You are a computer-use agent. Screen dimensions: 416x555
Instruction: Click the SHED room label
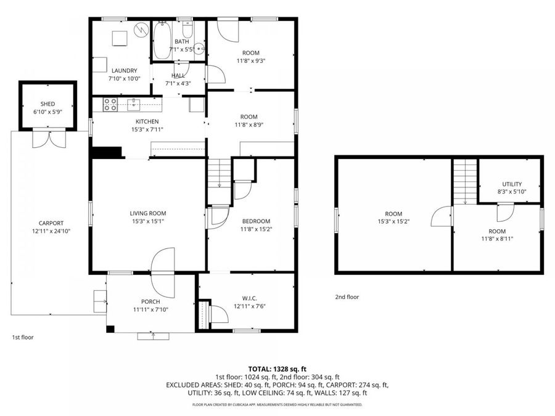(48, 104)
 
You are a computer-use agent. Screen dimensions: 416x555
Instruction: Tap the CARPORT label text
(51, 223)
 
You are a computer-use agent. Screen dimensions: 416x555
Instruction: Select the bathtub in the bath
(162, 41)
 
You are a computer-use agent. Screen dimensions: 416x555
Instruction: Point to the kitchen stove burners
(110, 105)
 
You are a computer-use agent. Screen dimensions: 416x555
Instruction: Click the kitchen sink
(135, 102)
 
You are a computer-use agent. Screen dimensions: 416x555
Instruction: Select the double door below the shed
(47, 139)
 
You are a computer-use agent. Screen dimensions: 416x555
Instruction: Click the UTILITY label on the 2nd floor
(512, 184)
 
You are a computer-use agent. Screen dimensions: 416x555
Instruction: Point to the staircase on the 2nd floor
(466, 179)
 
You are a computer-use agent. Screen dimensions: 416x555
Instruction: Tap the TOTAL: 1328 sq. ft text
(277, 369)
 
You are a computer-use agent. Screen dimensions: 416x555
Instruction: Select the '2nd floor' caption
(347, 297)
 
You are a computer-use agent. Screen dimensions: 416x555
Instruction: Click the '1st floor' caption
(23, 337)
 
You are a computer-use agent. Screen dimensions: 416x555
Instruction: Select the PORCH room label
(150, 301)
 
